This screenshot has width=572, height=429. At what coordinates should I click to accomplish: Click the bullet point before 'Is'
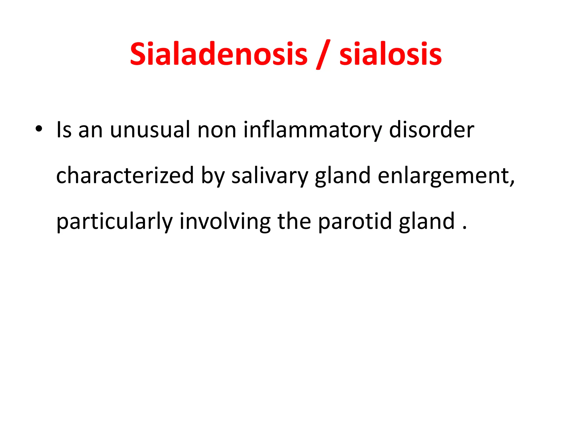point(39,129)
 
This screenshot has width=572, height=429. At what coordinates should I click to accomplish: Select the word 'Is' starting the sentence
point(64,130)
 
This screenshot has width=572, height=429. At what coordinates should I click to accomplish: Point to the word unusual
point(150,130)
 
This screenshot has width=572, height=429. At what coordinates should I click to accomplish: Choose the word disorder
point(431,130)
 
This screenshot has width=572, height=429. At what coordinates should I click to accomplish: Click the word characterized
point(125,175)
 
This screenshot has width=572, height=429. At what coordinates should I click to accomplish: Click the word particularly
point(115,221)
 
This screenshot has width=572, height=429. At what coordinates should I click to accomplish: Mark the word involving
point(225,221)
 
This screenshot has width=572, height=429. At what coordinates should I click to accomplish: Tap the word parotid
point(355,221)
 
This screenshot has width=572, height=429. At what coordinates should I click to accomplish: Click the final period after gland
point(464,228)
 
